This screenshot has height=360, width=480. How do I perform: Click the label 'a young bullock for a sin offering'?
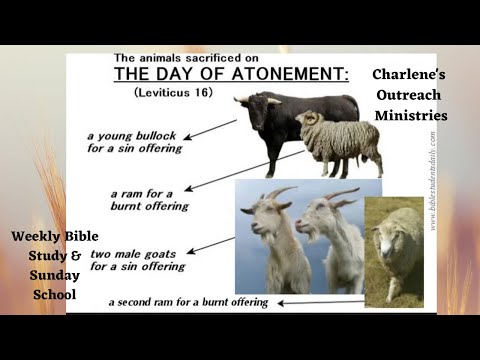(x=135, y=141)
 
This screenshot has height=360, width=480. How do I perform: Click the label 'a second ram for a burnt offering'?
(x=189, y=301)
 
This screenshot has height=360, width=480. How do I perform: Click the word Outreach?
(x=409, y=95)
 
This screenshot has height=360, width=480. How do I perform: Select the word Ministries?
(x=411, y=115)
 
